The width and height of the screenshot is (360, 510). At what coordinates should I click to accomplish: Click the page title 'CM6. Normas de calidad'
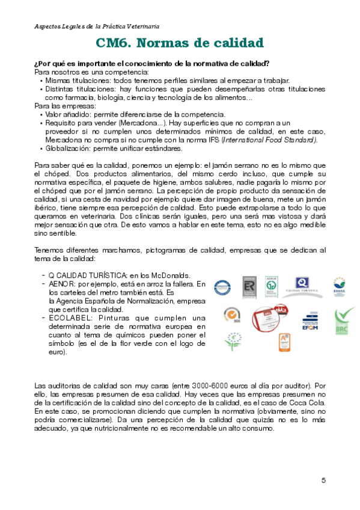tap(180, 43)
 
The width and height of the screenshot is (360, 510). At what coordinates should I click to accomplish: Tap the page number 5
tap(324, 480)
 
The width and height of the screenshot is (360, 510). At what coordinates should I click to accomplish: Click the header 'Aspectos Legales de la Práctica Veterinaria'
tap(97, 27)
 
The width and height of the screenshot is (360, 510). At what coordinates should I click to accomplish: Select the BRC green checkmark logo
tap(344, 316)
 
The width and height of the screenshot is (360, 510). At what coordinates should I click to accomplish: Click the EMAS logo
tap(339, 286)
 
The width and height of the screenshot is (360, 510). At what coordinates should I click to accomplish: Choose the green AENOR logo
tap(272, 285)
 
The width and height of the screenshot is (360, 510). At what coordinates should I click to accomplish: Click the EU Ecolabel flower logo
tap(230, 342)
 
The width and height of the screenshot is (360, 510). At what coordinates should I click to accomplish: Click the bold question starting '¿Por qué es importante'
tap(151, 64)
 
